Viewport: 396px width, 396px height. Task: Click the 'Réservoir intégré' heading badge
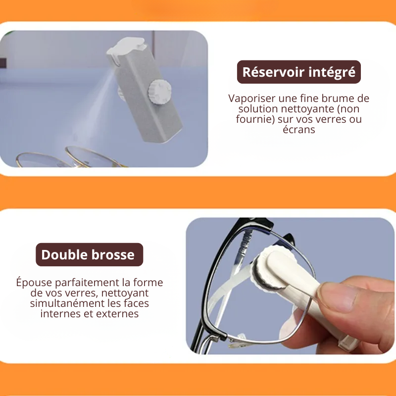(298, 72)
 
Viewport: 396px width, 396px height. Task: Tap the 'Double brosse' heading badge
(88, 255)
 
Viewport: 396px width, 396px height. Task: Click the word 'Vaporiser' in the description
(250, 99)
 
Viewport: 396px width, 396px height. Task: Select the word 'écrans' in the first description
(298, 130)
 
